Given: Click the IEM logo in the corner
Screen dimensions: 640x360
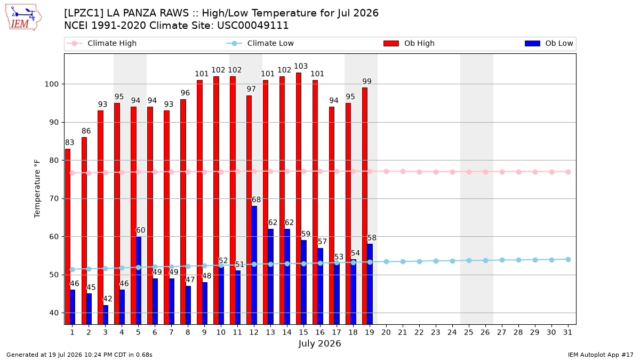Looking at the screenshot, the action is click(23, 18).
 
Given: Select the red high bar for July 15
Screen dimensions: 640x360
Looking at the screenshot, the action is click(298, 198).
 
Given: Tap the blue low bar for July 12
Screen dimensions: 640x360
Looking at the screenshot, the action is click(254, 265).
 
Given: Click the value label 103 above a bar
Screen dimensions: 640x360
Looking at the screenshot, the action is click(301, 66).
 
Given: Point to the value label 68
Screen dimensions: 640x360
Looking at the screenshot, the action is click(256, 199).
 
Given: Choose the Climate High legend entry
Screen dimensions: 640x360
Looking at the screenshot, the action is click(101, 43).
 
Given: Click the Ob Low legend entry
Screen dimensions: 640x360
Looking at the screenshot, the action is click(549, 43).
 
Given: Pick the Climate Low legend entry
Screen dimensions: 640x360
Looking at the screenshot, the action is click(260, 43).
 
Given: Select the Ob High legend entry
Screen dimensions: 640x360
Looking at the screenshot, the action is click(409, 43).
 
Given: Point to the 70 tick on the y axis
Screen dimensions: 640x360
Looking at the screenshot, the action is click(54, 198).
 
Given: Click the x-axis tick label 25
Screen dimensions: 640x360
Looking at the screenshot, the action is click(469, 332).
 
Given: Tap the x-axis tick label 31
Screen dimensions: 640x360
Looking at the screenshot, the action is click(567, 332).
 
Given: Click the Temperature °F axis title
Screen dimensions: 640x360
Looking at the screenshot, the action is click(37, 189).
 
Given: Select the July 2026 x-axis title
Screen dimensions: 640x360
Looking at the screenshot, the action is click(319, 343).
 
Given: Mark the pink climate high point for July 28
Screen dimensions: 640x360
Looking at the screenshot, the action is click(518, 172).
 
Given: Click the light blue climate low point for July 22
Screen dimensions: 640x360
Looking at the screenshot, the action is click(419, 261).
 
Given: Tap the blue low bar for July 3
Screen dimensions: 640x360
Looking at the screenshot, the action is click(106, 315).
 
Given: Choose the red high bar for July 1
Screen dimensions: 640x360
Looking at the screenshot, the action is click(67, 237).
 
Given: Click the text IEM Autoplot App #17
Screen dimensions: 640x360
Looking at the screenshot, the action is click(601, 355).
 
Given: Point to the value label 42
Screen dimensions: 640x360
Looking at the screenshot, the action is click(107, 299).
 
